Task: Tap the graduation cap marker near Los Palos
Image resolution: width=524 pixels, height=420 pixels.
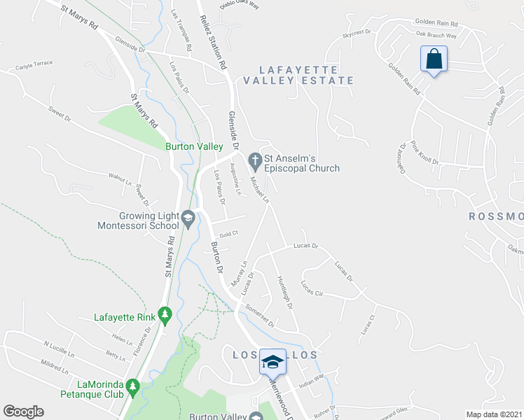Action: click(273, 361)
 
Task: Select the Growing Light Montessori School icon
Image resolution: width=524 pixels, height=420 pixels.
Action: click(188, 220)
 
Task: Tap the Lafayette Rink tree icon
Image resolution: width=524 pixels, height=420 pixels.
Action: click(165, 316)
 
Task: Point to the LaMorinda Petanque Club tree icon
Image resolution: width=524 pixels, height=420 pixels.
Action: click(133, 386)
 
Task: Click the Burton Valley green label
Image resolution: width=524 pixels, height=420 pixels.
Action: click(194, 146)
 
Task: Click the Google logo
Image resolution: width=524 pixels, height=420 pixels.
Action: click(23, 411)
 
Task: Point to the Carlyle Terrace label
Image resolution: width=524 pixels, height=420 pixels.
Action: click(34, 66)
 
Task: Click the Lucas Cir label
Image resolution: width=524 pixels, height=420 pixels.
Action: click(311, 288)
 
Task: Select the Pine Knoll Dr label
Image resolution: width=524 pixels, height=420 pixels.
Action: click(425, 153)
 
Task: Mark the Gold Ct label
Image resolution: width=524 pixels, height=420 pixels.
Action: click(229, 234)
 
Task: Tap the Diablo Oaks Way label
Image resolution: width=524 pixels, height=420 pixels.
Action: click(239, 4)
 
